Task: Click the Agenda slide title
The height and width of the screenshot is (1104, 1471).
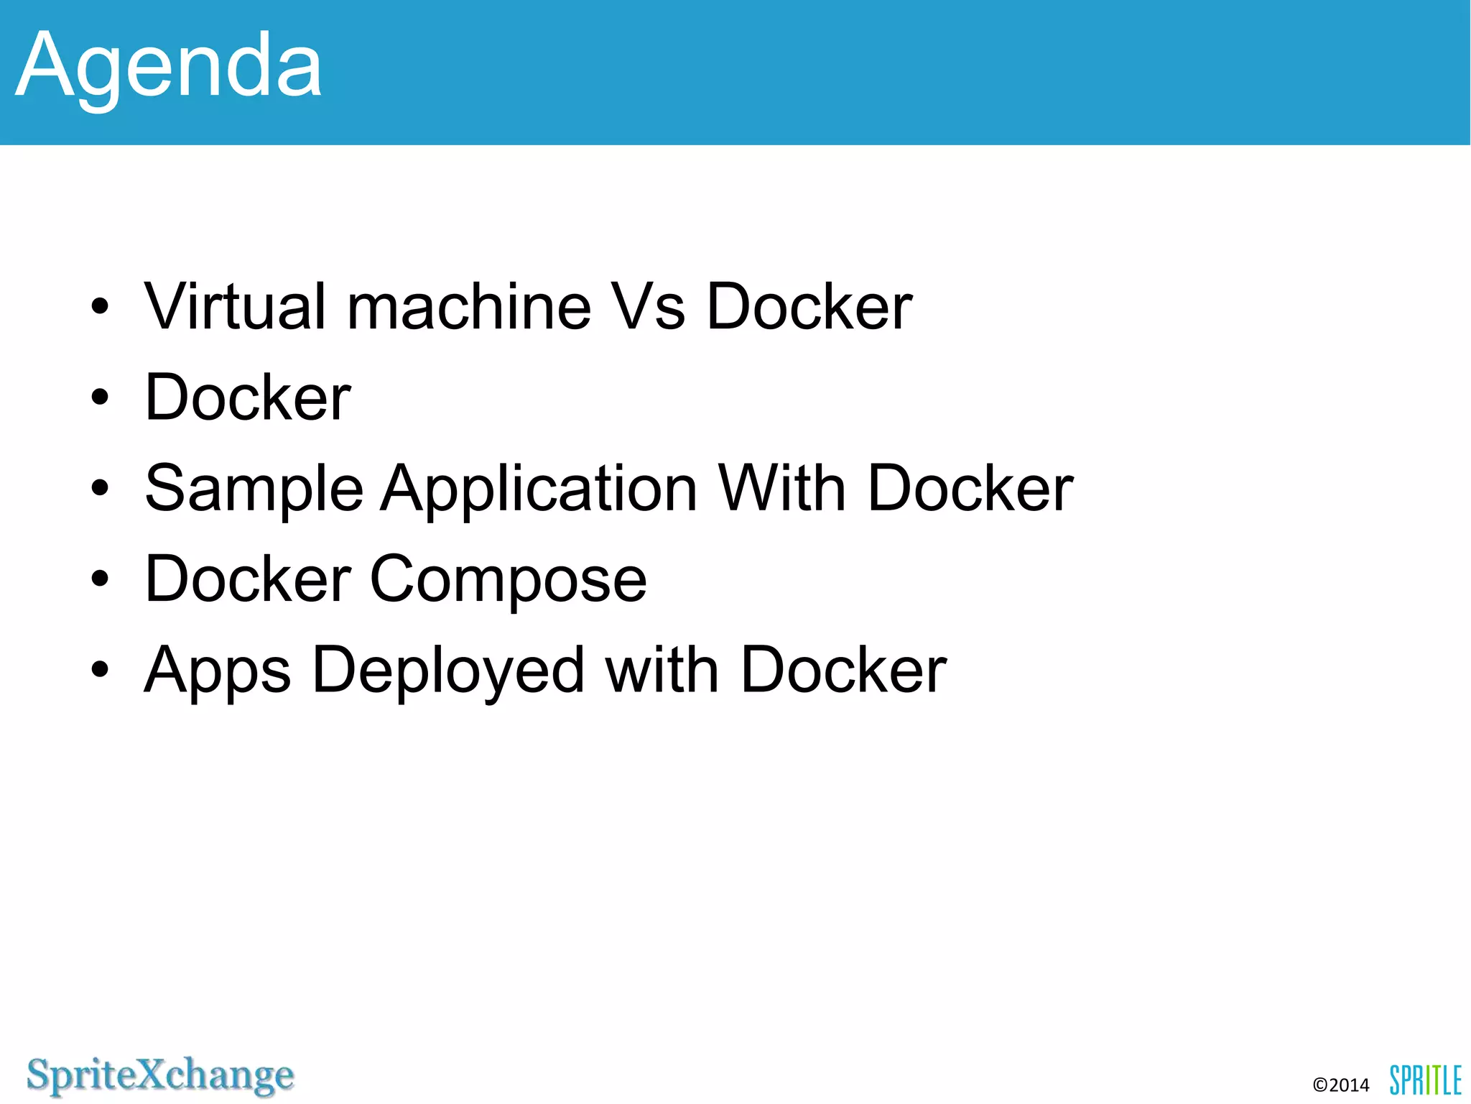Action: tap(169, 67)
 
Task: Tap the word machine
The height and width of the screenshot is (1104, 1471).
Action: tap(469, 307)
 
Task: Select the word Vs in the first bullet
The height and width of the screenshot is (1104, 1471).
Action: tap(647, 307)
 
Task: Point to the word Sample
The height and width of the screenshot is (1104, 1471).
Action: tap(254, 489)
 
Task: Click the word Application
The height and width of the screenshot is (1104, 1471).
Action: tap(539, 489)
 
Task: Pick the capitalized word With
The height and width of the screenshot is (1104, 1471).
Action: tap(782, 489)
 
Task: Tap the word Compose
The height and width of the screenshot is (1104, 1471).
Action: tap(508, 580)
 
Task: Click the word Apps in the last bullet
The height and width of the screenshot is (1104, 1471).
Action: tap(218, 671)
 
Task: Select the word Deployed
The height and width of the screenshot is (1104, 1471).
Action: tap(448, 671)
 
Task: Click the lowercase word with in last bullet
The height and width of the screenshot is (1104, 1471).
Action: tap(662, 671)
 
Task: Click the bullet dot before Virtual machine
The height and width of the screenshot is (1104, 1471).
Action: tap(100, 307)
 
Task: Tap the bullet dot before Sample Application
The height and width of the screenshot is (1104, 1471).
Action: tap(100, 489)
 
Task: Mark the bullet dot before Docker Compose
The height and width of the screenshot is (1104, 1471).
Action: tap(100, 579)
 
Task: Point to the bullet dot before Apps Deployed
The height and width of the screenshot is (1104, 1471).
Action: tap(100, 671)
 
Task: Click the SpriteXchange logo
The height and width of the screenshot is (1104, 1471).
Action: tap(160, 1076)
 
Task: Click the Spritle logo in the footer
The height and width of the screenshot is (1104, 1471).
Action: tap(1425, 1080)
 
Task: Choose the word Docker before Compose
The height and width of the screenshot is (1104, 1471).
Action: tap(248, 579)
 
